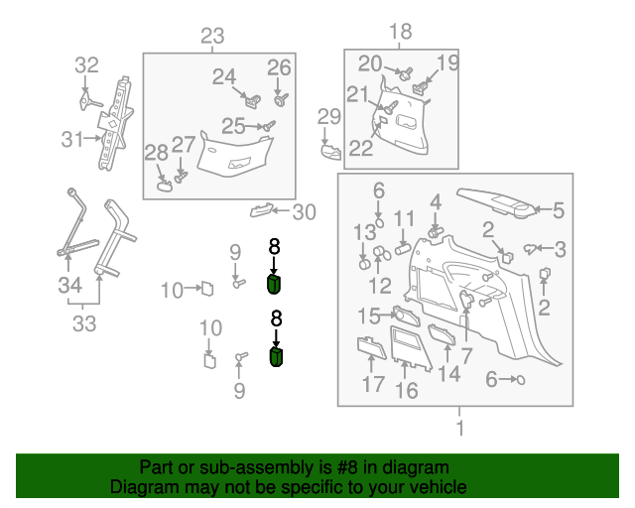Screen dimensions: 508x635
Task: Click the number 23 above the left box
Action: click(x=213, y=37)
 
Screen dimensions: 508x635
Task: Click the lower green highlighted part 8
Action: click(x=277, y=355)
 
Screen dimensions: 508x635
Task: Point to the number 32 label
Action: click(x=87, y=65)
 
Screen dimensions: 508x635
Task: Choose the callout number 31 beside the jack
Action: click(x=70, y=139)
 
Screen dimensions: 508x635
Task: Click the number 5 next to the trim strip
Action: click(x=558, y=209)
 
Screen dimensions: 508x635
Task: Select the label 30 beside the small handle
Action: click(x=304, y=211)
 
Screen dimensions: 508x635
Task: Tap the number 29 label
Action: click(x=328, y=117)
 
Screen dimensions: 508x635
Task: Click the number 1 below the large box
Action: click(x=458, y=429)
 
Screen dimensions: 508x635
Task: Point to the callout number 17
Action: click(x=373, y=384)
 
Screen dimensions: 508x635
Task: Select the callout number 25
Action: click(x=233, y=126)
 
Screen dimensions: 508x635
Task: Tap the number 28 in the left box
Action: click(x=157, y=153)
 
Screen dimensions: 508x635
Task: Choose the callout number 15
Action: click(x=369, y=317)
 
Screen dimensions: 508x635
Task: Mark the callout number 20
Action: click(x=370, y=64)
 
